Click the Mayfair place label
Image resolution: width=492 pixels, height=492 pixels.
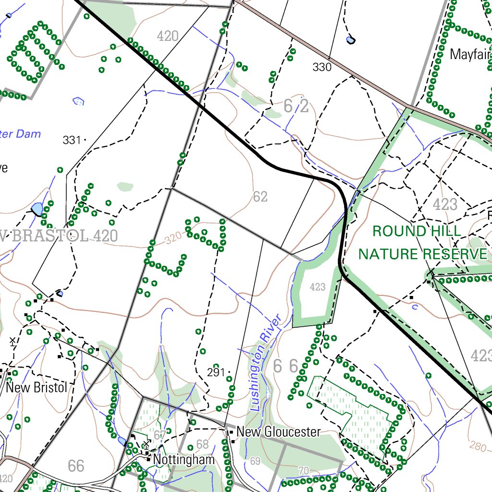470,54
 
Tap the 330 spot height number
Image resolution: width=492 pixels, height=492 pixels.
322,67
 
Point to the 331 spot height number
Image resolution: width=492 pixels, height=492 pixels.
72,140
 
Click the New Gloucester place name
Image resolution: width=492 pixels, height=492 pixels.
278,432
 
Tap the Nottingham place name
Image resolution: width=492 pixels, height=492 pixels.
184,460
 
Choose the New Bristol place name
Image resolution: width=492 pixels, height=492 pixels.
37,387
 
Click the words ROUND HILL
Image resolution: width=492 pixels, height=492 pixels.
417,231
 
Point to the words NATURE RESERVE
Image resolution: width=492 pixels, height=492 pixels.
423,254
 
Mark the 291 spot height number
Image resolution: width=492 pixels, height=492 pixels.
216,372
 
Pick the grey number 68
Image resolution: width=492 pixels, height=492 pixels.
203,444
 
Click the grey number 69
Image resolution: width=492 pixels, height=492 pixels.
255,461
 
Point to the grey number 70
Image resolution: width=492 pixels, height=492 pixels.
303,470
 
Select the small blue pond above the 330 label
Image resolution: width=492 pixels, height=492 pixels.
351,40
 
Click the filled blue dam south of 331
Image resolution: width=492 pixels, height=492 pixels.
37,209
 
